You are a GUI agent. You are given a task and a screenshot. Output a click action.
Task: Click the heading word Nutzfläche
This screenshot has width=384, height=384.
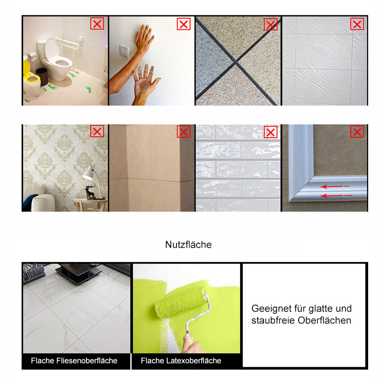188,245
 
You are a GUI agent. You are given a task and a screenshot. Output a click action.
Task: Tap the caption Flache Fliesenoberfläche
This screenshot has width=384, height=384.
74,361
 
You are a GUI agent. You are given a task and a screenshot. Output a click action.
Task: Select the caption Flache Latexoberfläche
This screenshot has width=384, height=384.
181,361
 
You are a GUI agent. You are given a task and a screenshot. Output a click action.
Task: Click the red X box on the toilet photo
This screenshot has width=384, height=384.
97,24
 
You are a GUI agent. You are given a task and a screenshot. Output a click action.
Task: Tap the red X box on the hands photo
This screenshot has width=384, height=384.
184,24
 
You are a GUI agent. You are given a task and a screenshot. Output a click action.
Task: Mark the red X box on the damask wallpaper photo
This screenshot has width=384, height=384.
97,132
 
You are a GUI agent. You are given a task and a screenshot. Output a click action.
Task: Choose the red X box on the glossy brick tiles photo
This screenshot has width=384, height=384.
271,132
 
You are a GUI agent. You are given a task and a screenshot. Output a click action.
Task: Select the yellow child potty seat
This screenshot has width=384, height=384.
31,76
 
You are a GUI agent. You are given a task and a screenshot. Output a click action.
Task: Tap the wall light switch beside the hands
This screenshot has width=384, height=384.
124,51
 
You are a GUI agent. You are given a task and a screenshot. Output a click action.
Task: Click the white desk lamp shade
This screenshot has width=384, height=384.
89,174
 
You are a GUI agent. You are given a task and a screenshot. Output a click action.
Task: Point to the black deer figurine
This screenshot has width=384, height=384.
91,192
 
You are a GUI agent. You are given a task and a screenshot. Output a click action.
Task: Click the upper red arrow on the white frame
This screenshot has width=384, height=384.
335,187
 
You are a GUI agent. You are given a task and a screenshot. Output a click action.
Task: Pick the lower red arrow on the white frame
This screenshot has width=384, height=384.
336,195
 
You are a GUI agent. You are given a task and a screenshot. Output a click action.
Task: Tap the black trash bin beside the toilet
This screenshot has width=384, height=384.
42,76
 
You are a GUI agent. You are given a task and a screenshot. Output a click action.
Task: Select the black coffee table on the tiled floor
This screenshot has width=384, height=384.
78,272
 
